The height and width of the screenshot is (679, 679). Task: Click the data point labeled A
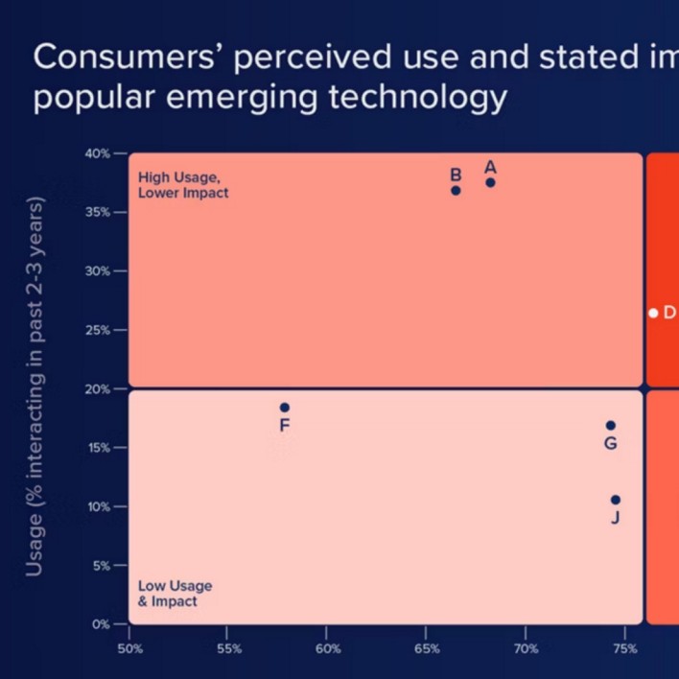[490, 182]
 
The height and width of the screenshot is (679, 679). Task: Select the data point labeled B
[456, 190]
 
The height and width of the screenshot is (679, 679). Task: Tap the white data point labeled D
[653, 313]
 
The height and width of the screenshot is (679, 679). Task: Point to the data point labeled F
[284, 408]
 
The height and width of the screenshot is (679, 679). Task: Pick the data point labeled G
[610, 425]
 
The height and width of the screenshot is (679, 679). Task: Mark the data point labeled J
[615, 500]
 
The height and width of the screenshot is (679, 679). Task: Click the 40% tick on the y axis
[99, 153]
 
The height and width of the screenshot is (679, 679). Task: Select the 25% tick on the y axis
[99, 330]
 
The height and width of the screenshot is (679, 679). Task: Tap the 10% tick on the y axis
[99, 506]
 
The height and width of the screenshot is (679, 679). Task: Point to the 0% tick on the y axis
[102, 624]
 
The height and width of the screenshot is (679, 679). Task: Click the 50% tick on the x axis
[129, 647]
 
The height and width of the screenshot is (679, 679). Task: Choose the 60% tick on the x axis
[327, 647]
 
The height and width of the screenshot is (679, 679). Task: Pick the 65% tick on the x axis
[427, 647]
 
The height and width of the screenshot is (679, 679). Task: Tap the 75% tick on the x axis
[624, 647]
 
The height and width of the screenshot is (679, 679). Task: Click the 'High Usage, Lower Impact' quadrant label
[183, 185]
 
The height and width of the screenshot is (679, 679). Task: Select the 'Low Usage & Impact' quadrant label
[175, 594]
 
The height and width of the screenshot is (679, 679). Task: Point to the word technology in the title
[415, 98]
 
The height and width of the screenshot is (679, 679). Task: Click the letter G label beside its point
[610, 443]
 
